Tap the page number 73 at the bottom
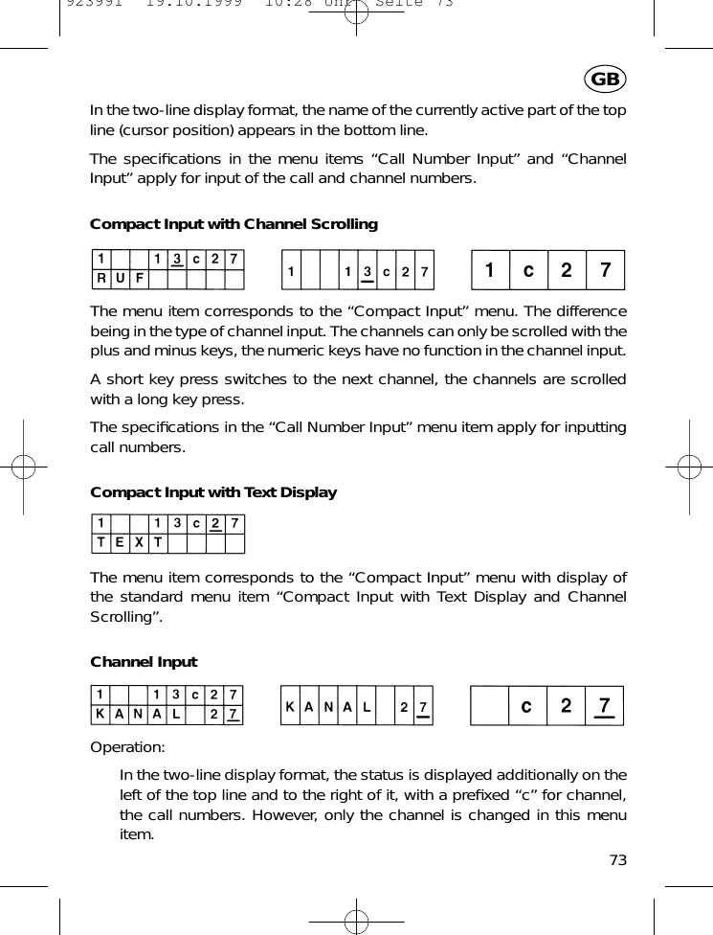coord(617,859)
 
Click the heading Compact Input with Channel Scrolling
coord(234,224)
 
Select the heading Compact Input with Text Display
coord(213,492)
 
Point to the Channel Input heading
coord(144,662)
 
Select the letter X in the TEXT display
coord(139,543)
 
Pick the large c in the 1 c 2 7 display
coord(527,270)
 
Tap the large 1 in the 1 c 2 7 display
coord(490,270)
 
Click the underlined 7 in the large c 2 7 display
coord(604,707)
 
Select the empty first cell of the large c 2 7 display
coord(490,707)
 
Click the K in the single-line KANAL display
coord(290,707)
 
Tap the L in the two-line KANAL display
coord(177,715)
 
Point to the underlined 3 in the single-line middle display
coord(368,272)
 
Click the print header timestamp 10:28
coord(279,4)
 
